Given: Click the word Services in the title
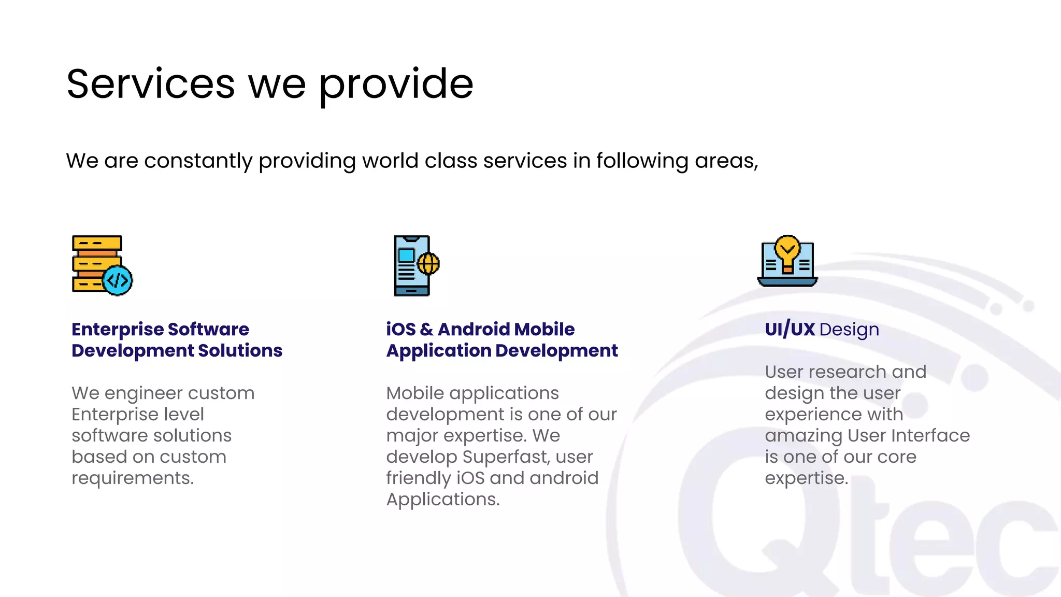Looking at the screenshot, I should click(151, 84).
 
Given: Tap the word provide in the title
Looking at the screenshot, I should click(396, 85).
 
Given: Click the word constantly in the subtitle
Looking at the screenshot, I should click(198, 161).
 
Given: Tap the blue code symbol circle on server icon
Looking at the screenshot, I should click(118, 280).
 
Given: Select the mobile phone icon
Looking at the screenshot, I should click(412, 265).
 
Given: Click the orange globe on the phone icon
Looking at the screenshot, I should click(428, 264).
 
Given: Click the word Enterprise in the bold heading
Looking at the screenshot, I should click(117, 330).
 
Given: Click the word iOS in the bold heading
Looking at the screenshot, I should click(400, 330).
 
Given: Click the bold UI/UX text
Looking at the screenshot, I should click(790, 330).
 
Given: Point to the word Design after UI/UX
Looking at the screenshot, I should click(850, 330).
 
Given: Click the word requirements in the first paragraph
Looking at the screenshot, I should click(132, 478).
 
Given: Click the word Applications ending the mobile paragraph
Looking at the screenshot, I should click(442, 500).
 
